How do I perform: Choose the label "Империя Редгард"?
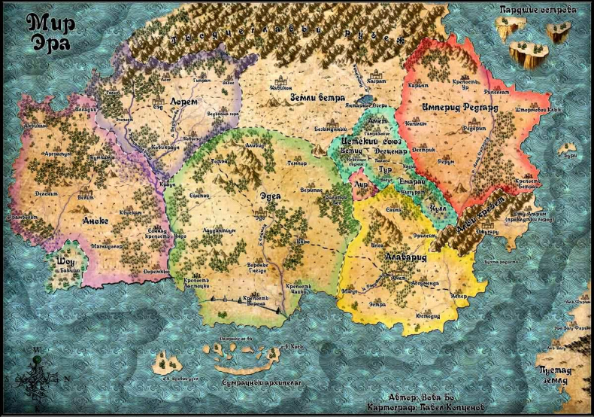point(461,108)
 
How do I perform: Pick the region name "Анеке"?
point(95,221)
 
